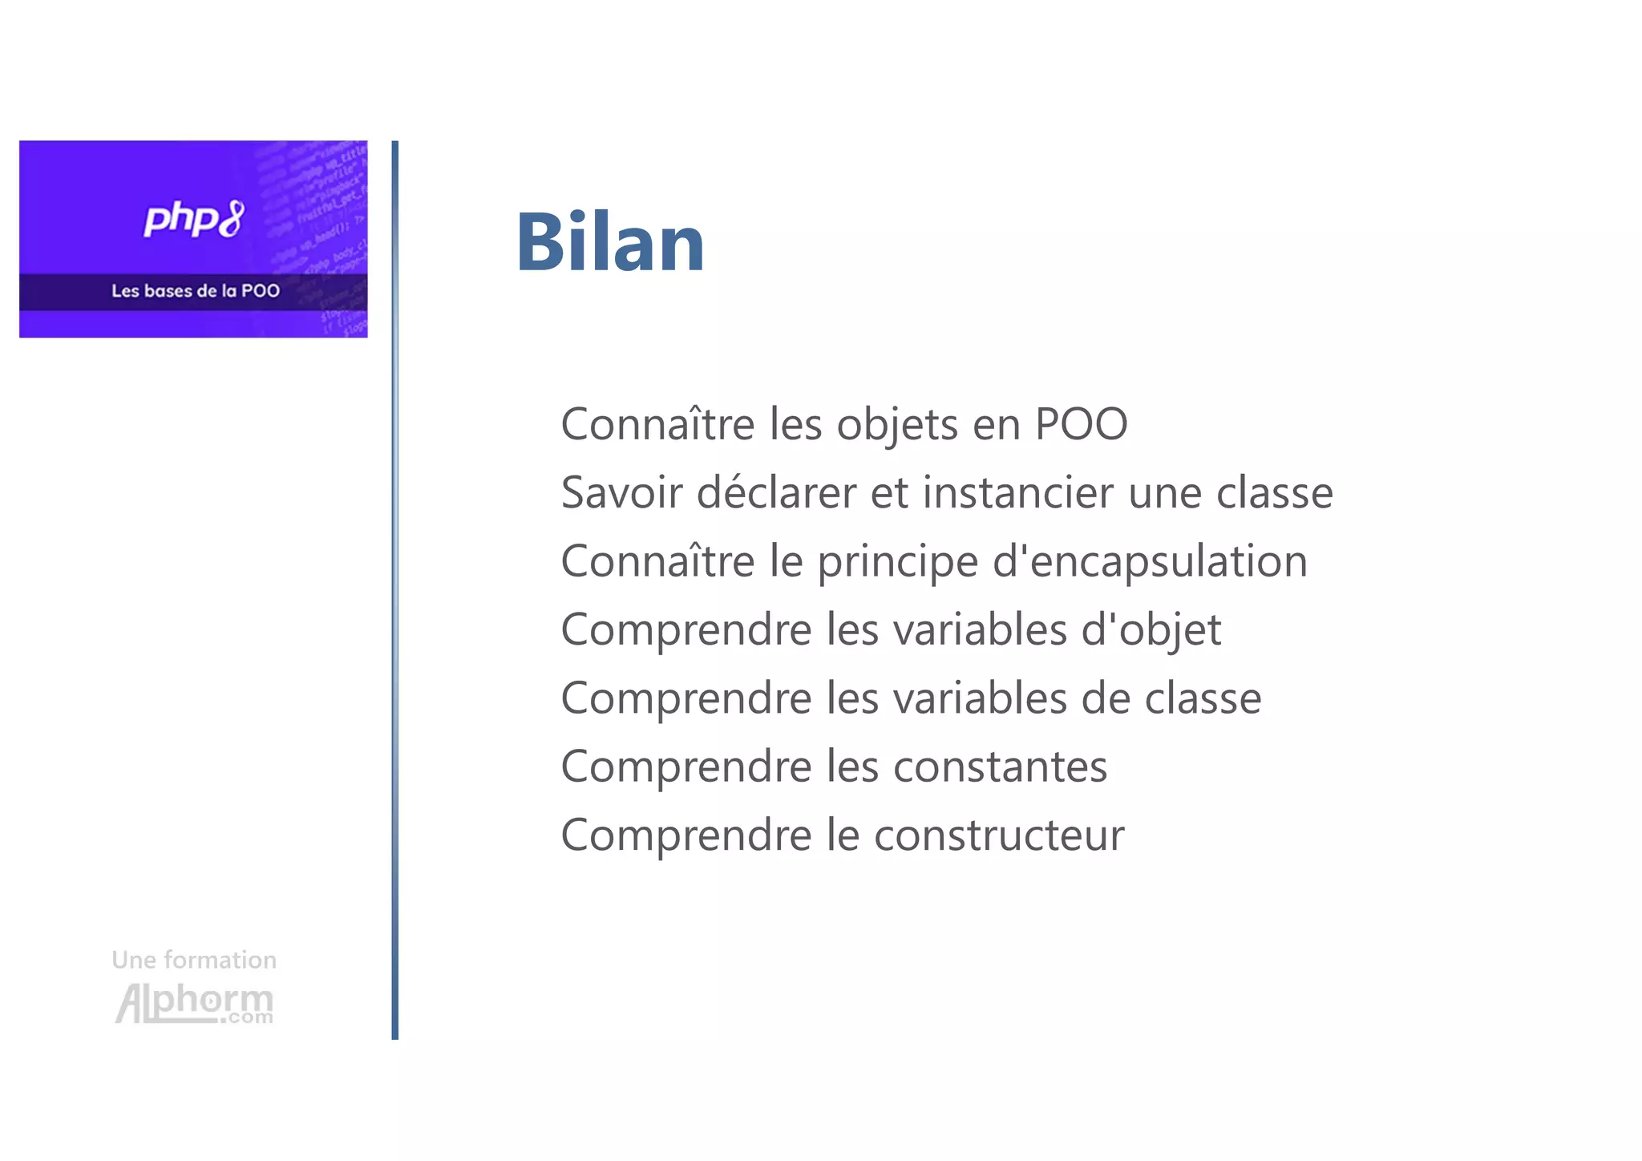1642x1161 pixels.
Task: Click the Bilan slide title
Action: coord(610,242)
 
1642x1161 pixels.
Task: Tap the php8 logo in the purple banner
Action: coord(194,219)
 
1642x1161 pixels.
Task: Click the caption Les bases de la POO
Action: coord(196,291)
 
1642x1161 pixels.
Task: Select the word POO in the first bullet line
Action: coord(1081,424)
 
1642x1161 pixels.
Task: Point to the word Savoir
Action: coord(621,492)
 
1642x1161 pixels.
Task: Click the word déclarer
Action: coord(776,492)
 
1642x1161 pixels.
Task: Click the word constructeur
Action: coord(999,835)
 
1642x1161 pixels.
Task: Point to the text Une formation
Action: coord(194,960)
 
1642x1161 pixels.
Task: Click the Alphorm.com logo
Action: coord(194,1003)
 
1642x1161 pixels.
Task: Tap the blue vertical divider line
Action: coord(395,589)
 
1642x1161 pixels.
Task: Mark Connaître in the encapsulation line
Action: coord(657,561)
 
